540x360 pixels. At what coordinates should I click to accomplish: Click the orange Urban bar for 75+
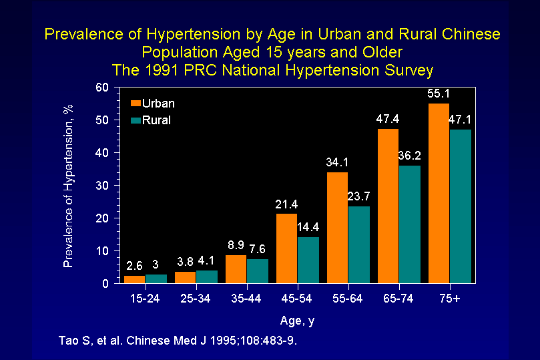[439, 193]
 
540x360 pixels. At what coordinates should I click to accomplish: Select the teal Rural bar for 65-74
[409, 224]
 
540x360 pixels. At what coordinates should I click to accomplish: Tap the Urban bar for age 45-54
[286, 248]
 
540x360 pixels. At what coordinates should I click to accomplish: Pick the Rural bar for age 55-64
[358, 244]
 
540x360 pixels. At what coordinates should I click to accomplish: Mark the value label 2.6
[134, 266]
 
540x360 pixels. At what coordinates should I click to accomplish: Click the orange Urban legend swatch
[136, 104]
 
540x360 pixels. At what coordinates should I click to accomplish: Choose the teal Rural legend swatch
[136, 120]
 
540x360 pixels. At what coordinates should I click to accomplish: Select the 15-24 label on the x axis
[145, 298]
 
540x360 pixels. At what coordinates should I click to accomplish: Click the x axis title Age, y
[297, 321]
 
